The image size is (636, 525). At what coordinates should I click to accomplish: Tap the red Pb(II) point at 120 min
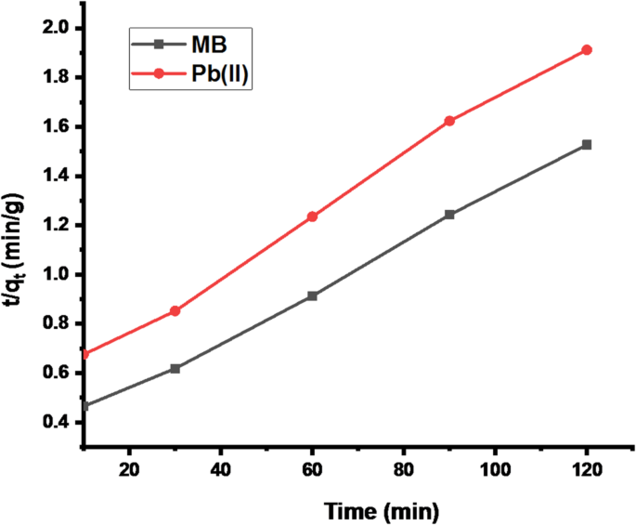tap(587, 49)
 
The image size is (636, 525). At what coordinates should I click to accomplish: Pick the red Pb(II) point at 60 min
tap(312, 217)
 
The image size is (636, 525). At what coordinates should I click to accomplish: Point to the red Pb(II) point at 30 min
tap(175, 310)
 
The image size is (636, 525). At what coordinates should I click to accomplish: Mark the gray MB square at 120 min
tap(587, 145)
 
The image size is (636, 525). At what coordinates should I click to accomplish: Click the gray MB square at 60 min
tap(312, 295)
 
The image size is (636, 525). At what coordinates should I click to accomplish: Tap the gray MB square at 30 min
tap(175, 369)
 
